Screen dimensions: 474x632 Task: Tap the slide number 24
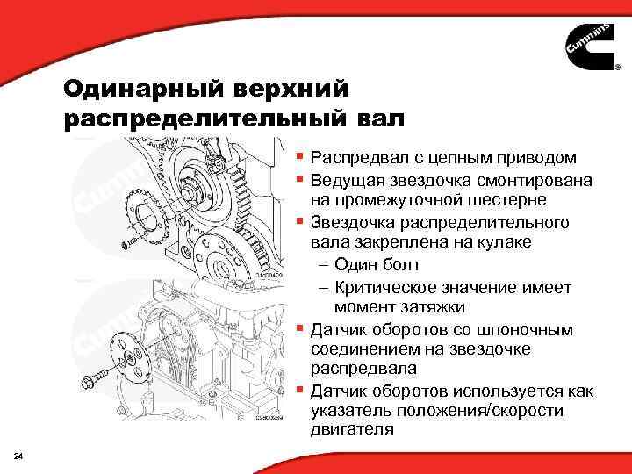[19, 454]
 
